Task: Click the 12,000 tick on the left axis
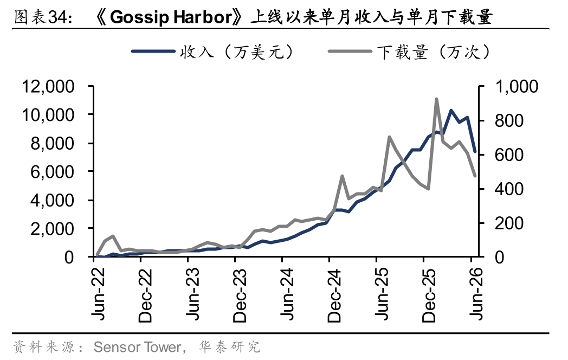pyautogui.click(x=48, y=87)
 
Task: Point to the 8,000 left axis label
pyautogui.click(x=52, y=144)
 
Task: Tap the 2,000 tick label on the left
pyautogui.click(x=52, y=229)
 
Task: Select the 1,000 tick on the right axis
pyautogui.click(x=516, y=87)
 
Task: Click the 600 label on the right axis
pyautogui.click(x=509, y=155)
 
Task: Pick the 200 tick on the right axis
pyautogui.click(x=509, y=223)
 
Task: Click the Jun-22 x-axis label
pyautogui.click(x=98, y=294)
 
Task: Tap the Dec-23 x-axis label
pyautogui.click(x=240, y=295)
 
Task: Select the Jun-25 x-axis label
pyautogui.click(x=382, y=294)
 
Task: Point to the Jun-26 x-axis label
pyautogui.click(x=476, y=294)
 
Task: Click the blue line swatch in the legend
pyautogui.click(x=153, y=52)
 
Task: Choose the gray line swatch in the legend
pyautogui.click(x=350, y=52)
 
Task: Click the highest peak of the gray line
pyautogui.click(x=436, y=99)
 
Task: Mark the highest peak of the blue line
pyautogui.click(x=451, y=110)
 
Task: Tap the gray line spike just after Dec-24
pyautogui.click(x=342, y=176)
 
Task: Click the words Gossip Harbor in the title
pyautogui.click(x=171, y=17)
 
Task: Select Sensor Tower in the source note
pyautogui.click(x=137, y=347)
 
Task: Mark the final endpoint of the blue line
pyautogui.click(x=475, y=152)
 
